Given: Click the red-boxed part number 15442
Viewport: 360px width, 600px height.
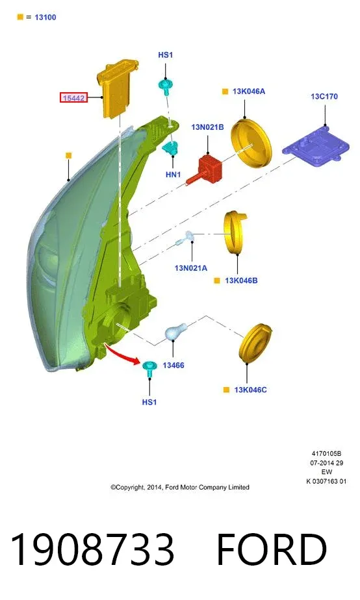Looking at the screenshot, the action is pyautogui.click(x=73, y=98).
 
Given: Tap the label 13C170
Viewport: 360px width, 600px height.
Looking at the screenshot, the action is pyautogui.click(x=324, y=96).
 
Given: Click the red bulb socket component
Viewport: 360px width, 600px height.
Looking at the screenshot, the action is pyautogui.click(x=205, y=169).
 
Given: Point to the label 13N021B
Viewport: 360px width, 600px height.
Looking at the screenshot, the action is pyautogui.click(x=207, y=127).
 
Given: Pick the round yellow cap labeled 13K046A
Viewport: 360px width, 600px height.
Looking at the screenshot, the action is pyautogui.click(x=251, y=143).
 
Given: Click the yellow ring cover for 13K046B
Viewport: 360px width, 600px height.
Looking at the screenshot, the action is pyautogui.click(x=235, y=232).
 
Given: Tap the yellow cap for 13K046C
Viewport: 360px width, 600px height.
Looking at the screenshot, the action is pyautogui.click(x=255, y=342).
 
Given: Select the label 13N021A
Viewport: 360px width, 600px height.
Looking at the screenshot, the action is pyautogui.click(x=191, y=268).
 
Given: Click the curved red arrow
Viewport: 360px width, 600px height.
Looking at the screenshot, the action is pyautogui.click(x=122, y=355).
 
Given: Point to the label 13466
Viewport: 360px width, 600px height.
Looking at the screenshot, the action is pyautogui.click(x=174, y=365).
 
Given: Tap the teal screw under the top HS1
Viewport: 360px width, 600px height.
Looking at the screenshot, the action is pyautogui.click(x=166, y=86).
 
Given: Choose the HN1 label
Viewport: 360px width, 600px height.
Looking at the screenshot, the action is pyautogui.click(x=173, y=175).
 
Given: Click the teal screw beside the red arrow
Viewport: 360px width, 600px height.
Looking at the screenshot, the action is pyautogui.click(x=149, y=368).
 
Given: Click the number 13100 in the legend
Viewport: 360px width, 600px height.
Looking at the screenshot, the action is pyautogui.click(x=45, y=18).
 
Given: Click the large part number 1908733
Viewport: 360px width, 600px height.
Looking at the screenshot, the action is pyautogui.click(x=92, y=549).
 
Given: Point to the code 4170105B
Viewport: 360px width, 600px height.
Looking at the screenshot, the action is pyautogui.click(x=326, y=453).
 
